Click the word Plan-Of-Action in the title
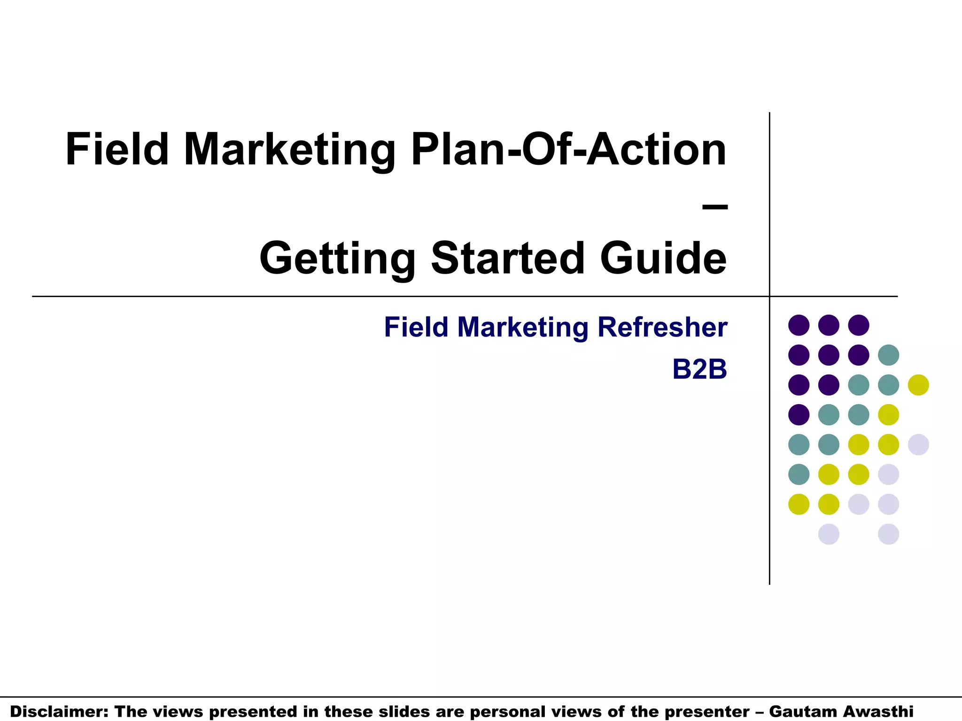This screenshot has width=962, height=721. pyautogui.click(x=569, y=150)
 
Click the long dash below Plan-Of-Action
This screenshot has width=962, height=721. pyautogui.click(x=715, y=206)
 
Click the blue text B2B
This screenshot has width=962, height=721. pyautogui.click(x=699, y=369)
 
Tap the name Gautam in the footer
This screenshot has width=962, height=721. pyautogui.click(x=804, y=712)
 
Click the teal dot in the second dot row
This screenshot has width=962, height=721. pyautogui.click(x=888, y=355)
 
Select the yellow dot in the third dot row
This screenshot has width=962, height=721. pyautogui.click(x=918, y=385)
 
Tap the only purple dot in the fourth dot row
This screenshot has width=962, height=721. pyautogui.click(x=799, y=414)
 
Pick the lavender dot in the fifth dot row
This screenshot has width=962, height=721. pyautogui.click(x=918, y=445)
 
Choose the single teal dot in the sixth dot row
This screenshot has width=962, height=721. pyautogui.click(x=799, y=474)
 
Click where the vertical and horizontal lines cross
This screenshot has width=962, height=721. pyautogui.click(x=769, y=296)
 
